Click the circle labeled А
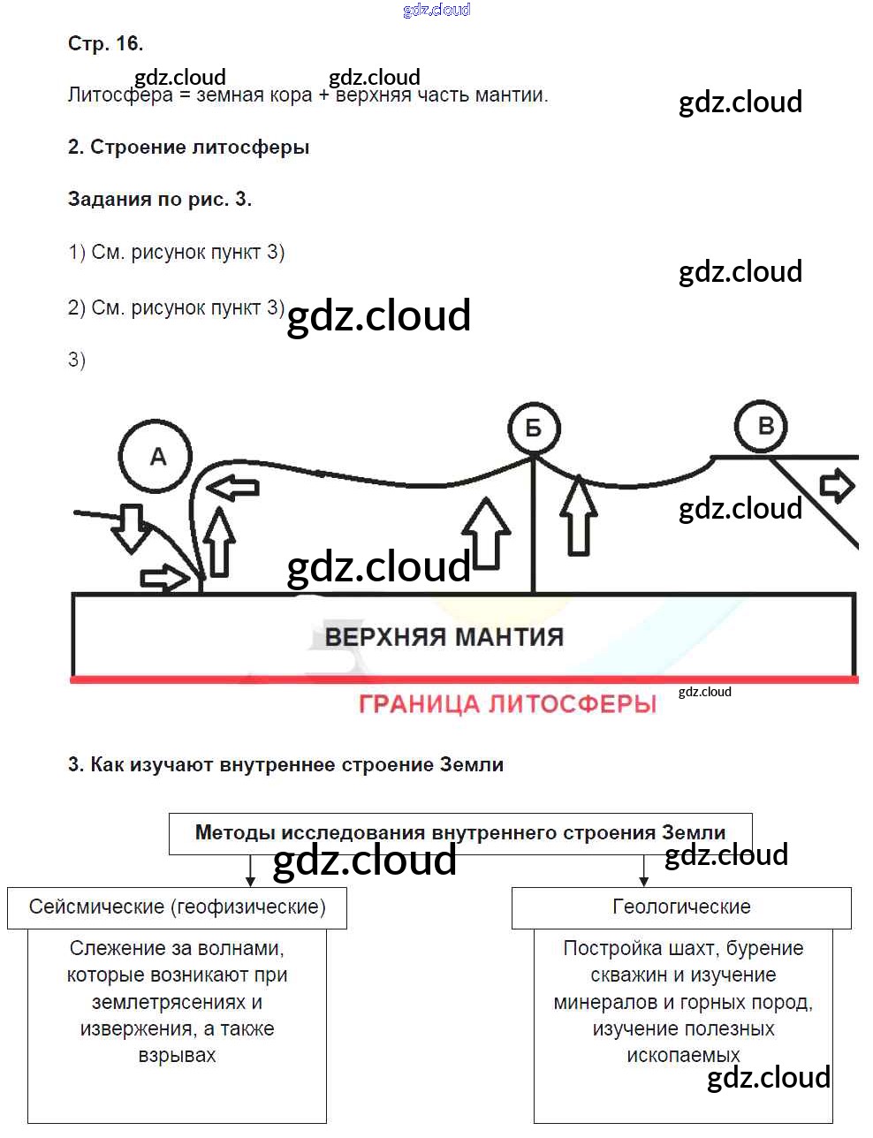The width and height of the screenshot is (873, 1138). (156, 457)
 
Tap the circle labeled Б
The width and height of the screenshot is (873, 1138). (534, 429)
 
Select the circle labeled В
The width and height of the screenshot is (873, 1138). (764, 427)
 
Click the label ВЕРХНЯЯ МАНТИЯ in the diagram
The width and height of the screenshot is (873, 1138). (444, 637)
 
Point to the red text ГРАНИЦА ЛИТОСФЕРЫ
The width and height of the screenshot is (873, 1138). (507, 704)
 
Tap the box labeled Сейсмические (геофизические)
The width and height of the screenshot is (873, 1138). (177, 907)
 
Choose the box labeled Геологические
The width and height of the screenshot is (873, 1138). (681, 907)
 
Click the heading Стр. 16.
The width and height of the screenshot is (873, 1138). (105, 43)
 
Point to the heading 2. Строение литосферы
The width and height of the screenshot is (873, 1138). (188, 148)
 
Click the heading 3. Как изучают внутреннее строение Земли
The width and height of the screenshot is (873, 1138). (285, 765)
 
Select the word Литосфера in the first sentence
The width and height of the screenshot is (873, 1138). (120, 95)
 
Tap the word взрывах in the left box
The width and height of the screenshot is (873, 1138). (177, 1056)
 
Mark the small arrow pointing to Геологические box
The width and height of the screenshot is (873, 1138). (643, 871)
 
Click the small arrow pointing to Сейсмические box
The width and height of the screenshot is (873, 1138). (251, 871)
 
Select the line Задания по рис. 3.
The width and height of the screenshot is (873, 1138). (159, 200)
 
